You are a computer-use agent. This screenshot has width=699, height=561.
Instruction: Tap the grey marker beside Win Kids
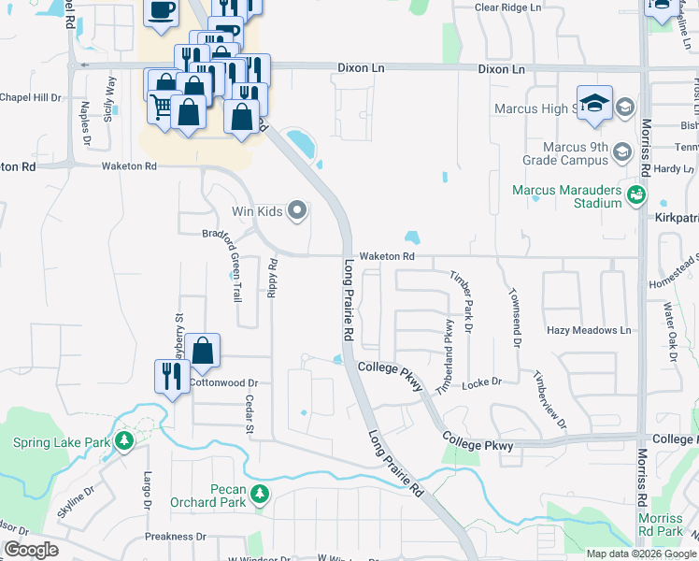coord(298,210)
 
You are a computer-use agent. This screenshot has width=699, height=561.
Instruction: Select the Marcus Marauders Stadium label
coord(567,196)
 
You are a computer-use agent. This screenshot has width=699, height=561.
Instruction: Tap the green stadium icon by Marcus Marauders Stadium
coord(636,194)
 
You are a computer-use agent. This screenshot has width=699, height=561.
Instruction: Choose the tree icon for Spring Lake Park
coord(123,440)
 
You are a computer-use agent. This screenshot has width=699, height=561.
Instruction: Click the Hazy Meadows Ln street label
coord(589,330)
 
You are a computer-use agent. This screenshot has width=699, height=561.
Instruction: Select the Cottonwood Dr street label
coord(223,382)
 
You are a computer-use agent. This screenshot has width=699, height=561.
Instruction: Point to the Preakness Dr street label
coord(175,537)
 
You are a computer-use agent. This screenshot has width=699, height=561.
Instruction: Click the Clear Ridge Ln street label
coord(508,7)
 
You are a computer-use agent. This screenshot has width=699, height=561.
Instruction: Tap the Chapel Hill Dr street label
coord(30,96)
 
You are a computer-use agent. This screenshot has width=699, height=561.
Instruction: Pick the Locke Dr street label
coord(482,382)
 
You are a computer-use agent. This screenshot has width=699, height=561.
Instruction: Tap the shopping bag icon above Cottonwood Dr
coord(202,351)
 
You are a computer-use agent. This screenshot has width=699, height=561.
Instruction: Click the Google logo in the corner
coord(31,550)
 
